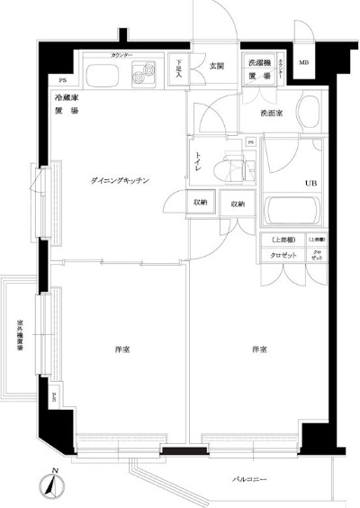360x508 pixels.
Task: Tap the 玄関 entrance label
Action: click(x=216, y=66)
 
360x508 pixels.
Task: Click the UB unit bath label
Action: click(x=310, y=183)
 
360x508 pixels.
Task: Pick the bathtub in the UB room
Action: click(x=293, y=214)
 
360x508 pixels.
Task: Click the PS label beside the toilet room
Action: click(x=249, y=142)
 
